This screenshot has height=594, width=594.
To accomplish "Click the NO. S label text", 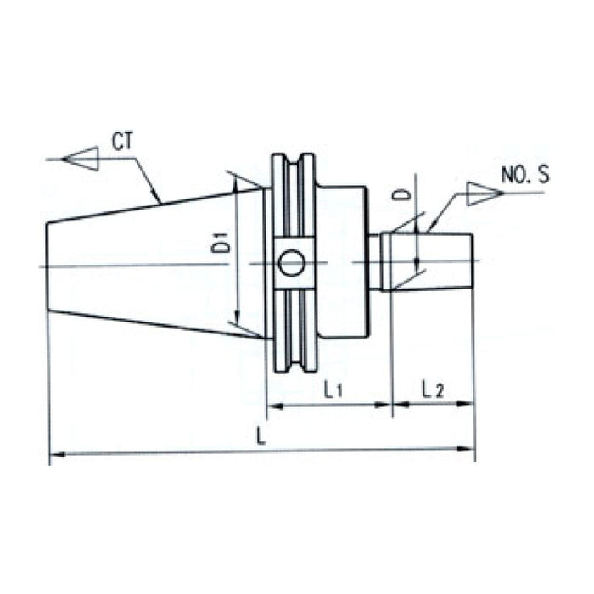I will [524, 177].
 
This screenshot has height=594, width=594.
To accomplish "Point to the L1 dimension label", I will [333, 390].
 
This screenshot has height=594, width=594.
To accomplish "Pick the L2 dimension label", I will [433, 390].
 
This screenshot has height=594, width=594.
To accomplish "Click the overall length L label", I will [261, 438].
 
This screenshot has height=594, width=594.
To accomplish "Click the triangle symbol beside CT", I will [82, 159].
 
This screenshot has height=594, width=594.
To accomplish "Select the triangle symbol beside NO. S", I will [479, 194].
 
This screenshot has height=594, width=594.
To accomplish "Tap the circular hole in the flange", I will [291, 265].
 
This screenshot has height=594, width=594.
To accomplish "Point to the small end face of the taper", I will [48, 266].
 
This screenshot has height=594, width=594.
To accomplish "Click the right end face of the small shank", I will [472, 261].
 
